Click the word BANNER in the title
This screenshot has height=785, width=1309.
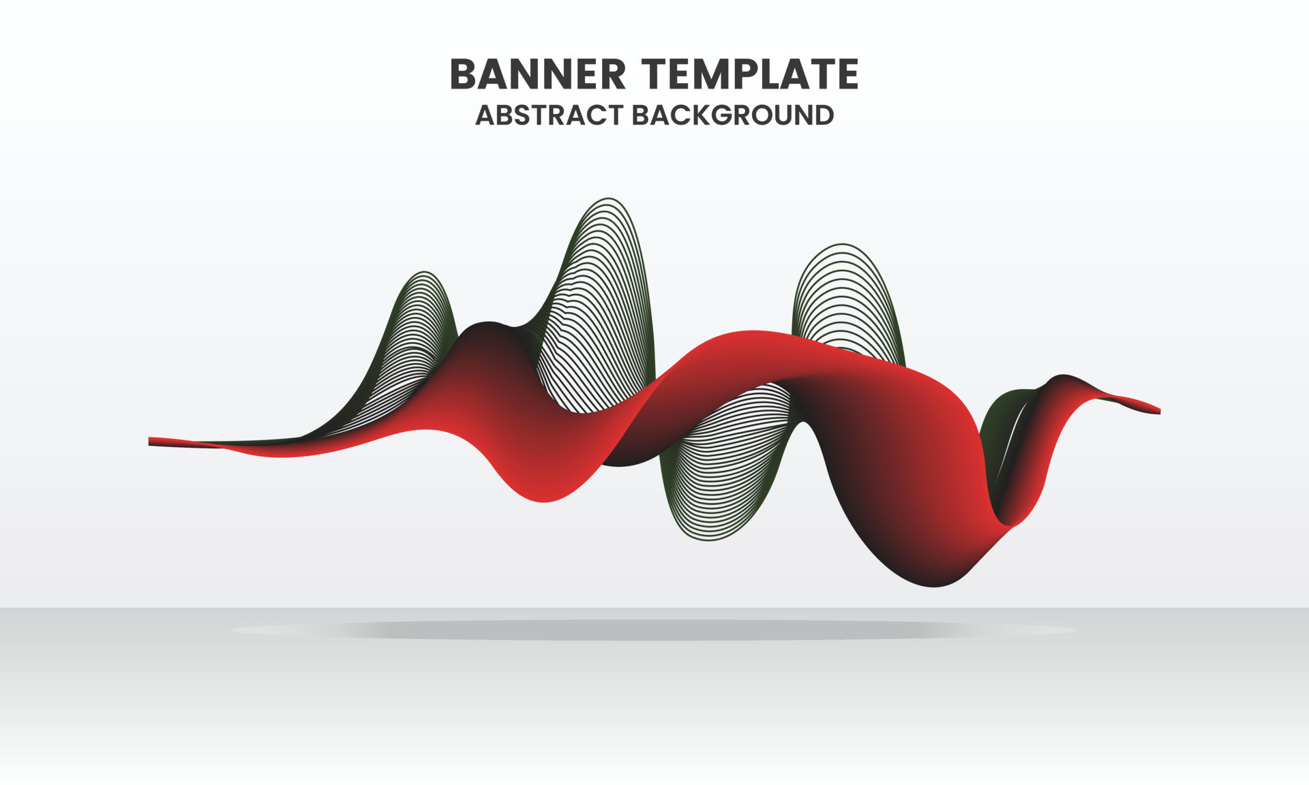coord(537,74)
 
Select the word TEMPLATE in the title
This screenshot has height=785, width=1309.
coord(749,74)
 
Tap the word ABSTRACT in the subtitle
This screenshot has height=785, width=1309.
coord(549,115)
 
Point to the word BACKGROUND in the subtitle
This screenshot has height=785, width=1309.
coord(733,115)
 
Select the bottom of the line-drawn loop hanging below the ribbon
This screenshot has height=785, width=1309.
coord(709,539)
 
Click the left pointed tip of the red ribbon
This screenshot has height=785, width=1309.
coord(151,441)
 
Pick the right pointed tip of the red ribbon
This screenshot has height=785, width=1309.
coord(1158,410)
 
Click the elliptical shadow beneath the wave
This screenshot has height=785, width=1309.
coord(654,630)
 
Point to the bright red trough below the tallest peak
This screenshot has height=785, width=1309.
coord(544,497)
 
